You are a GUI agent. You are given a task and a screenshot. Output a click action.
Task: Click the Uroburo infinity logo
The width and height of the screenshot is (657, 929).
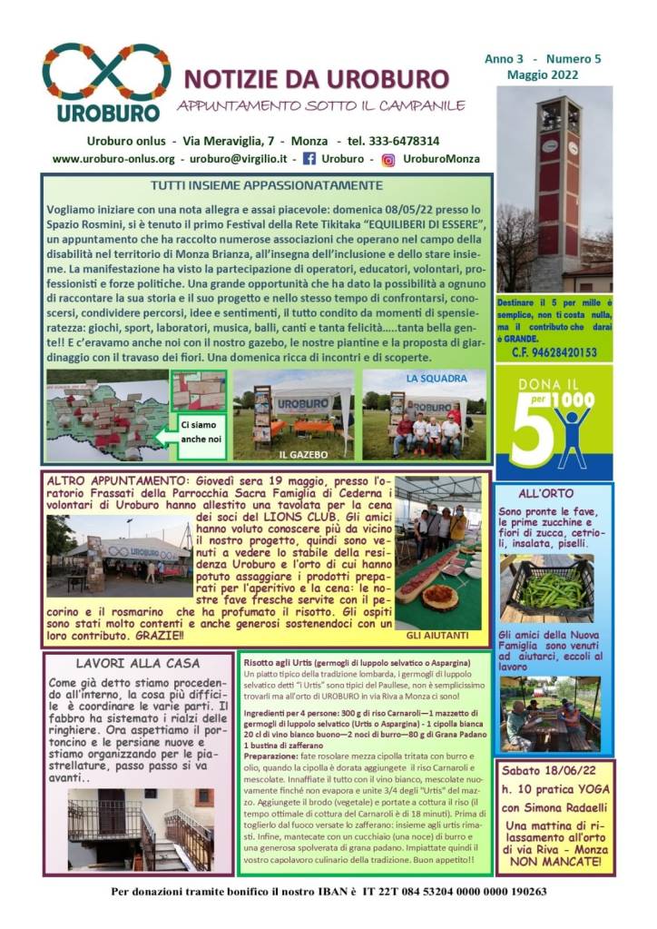pos(106,73)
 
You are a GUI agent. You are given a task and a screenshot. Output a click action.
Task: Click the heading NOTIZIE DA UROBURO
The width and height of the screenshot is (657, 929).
pos(316,78)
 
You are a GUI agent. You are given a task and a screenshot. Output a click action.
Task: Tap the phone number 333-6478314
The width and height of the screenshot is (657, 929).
pos(397,142)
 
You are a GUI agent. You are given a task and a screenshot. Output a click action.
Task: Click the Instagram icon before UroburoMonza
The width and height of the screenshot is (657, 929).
pos(387,159)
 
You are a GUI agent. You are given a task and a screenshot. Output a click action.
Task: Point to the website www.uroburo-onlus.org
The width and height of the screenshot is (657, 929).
pos(113,159)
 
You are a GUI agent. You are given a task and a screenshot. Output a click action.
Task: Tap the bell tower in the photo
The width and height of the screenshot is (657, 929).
pos(557,182)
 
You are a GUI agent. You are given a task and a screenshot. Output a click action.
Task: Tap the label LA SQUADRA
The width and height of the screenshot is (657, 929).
pos(436,378)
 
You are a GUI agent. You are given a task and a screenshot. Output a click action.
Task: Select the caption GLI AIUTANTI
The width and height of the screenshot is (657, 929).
pos(437,636)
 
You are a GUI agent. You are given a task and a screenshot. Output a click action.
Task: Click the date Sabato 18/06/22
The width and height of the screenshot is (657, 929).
pos(553,770)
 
